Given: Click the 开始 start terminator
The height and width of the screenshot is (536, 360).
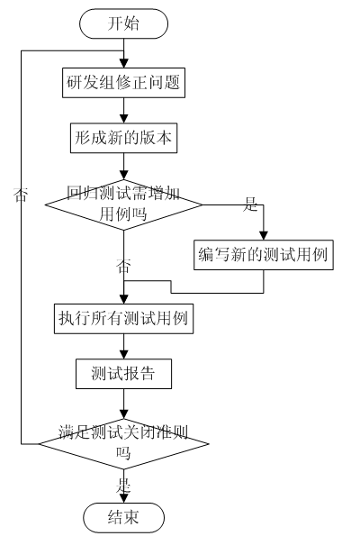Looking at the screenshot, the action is point(123,23).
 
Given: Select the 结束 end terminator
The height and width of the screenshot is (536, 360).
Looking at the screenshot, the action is point(123,517).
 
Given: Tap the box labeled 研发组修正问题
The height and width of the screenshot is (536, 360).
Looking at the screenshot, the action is point(123,83).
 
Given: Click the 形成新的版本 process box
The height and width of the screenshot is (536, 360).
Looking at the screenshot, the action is point(123,138).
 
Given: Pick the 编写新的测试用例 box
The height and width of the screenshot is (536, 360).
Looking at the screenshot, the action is point(264,255).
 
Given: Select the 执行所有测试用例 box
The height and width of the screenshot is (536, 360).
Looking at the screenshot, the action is point(123,319).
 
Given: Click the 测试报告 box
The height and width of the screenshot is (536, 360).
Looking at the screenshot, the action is point(123,374).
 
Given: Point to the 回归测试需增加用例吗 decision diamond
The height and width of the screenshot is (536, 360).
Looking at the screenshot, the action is point(123,204).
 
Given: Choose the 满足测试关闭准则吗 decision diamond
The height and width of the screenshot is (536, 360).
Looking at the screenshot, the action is point(123,444).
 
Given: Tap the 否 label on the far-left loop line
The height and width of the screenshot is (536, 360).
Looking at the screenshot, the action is point(20,195).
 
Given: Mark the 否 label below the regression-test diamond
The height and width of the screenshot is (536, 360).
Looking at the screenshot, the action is point(123,266).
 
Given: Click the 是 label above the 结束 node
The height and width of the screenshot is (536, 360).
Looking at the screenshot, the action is point(123,486).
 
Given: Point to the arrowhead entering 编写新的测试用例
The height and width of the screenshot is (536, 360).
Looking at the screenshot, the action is point(264,236).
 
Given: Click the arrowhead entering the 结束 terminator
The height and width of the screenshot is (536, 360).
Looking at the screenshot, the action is point(123,498).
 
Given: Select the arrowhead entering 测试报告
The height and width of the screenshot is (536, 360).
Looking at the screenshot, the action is point(123,355).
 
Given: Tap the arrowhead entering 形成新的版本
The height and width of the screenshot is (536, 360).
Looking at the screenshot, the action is point(123,119).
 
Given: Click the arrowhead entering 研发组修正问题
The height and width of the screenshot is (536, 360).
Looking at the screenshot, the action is point(123,64).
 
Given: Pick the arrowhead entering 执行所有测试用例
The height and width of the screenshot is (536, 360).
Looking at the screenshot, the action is point(123,299).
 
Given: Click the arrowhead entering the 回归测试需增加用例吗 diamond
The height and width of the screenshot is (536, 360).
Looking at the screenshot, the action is point(123,176).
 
